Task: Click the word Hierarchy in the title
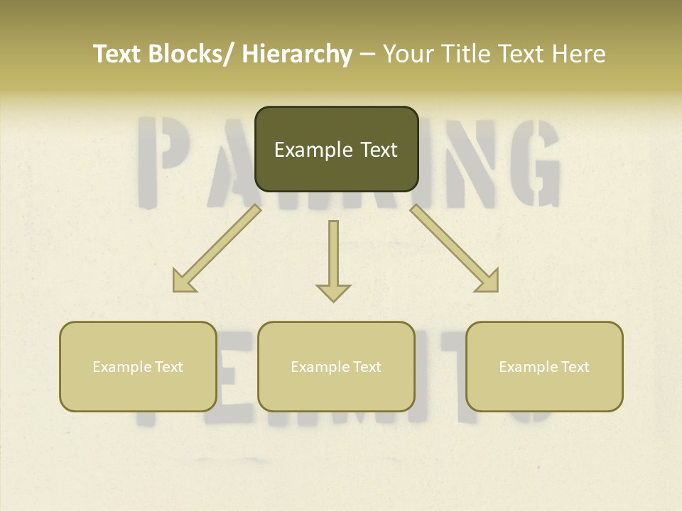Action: click(x=297, y=54)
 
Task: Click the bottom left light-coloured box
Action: click(x=138, y=366)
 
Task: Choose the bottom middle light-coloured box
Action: click(x=336, y=366)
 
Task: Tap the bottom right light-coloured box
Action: click(x=544, y=366)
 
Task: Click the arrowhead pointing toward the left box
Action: click(x=183, y=281)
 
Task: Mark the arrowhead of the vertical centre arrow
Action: click(x=333, y=292)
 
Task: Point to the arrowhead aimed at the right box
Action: click(x=487, y=281)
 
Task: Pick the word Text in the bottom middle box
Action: click(x=367, y=367)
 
